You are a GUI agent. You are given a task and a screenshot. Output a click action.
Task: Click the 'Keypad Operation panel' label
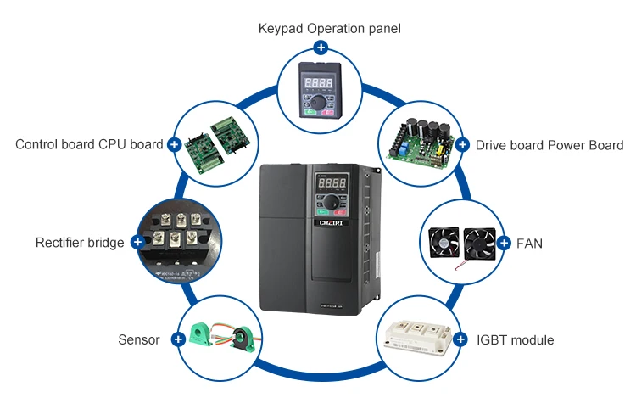329,29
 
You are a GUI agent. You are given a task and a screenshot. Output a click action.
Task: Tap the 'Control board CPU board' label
89,144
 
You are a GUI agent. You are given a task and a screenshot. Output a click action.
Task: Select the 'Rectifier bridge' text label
80,243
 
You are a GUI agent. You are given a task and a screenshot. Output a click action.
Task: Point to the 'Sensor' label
139,339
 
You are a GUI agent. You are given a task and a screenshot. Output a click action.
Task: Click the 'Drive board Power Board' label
549,145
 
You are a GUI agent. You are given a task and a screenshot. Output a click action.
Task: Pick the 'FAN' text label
529,244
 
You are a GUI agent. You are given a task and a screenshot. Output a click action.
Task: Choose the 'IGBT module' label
515,340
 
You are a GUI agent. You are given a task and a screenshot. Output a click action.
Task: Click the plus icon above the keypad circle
321,47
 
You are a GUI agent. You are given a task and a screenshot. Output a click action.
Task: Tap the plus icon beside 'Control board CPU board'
175,145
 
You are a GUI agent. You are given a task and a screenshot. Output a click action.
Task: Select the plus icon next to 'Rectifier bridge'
137,243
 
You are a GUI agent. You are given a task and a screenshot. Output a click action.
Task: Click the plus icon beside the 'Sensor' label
178,339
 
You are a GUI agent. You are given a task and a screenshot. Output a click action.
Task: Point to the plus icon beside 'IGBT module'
460,339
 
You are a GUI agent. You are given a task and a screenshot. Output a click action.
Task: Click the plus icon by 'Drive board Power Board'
462,145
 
